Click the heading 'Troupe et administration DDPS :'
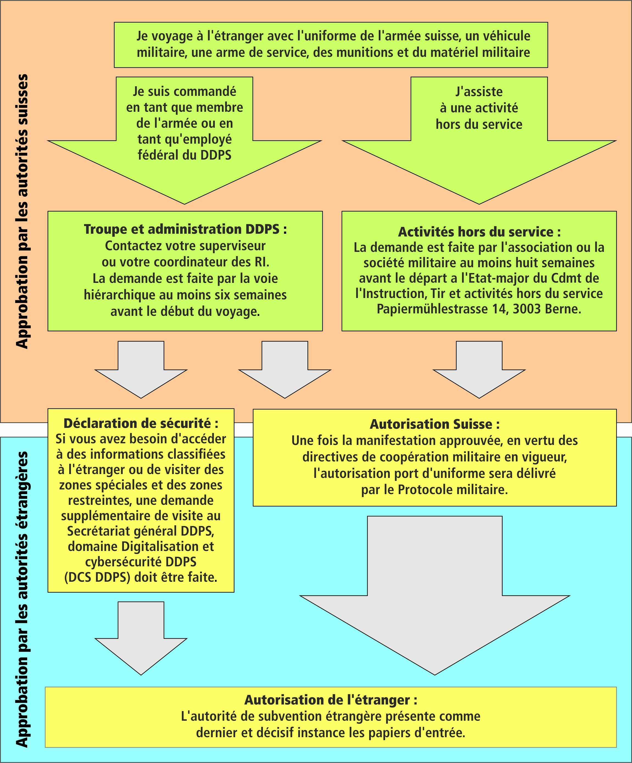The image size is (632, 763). click(x=185, y=229)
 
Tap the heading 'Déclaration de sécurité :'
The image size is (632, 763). click(x=141, y=423)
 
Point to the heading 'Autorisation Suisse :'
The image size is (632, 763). click(x=435, y=424)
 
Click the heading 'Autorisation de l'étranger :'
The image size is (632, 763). click(x=330, y=700)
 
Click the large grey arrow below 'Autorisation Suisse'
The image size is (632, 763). click(x=435, y=603)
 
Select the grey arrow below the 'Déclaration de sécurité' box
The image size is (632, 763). click(x=141, y=639)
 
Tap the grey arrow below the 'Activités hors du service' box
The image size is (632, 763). click(x=479, y=369)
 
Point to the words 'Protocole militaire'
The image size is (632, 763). click(x=452, y=490)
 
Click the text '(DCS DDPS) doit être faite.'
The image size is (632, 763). click(x=141, y=577)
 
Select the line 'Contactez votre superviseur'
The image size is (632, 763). click(x=185, y=246)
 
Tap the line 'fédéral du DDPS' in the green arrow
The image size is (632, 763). click(x=185, y=155)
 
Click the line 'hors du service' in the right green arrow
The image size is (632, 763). click(x=479, y=124)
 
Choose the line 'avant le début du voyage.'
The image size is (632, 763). click(x=185, y=311)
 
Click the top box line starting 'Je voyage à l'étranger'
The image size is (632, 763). click(x=333, y=36)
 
